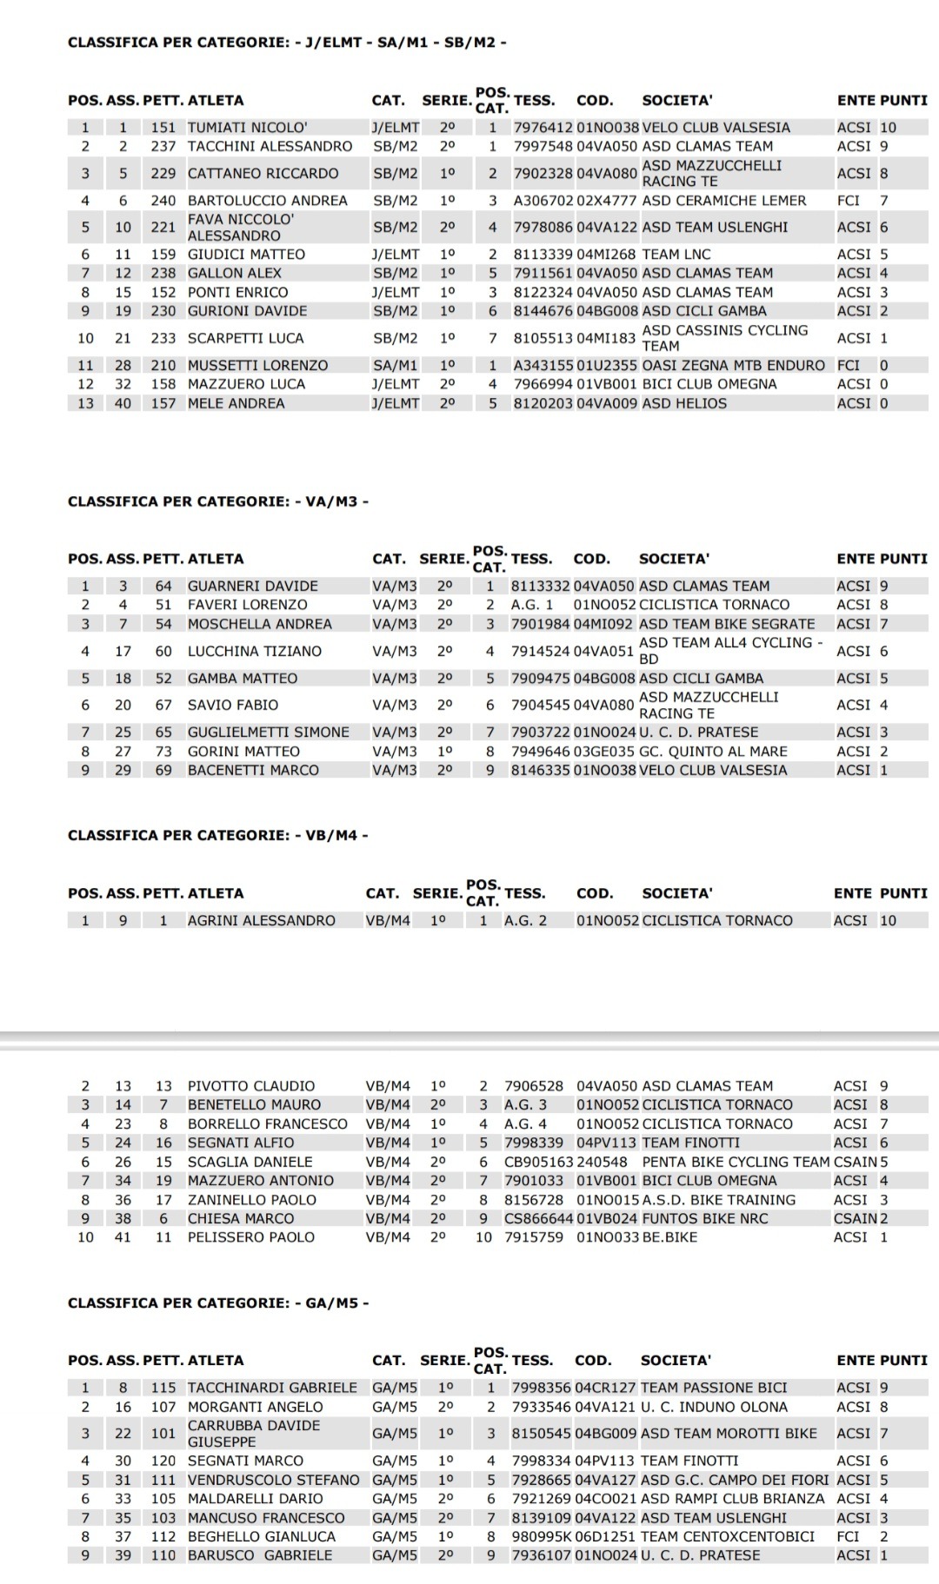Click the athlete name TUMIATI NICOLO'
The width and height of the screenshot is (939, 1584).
point(247,127)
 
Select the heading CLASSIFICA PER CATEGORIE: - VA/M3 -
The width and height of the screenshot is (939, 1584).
point(217,501)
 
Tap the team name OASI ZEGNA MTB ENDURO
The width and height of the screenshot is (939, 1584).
point(733,365)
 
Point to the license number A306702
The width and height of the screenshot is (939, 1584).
point(543,201)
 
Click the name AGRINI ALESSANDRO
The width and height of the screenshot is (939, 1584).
point(261,920)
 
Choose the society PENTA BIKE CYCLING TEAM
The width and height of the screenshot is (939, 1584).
point(736,1162)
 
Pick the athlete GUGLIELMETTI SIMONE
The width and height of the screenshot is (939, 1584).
point(268,732)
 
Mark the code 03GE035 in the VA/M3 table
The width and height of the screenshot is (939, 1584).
point(604,751)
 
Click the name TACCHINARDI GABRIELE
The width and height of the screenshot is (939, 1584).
point(272,1388)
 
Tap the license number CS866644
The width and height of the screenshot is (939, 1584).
point(538,1218)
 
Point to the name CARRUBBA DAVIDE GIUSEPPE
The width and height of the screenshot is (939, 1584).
point(254,1434)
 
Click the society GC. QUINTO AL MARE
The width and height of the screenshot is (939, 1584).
point(713,751)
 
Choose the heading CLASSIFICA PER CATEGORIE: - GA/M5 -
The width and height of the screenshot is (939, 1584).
point(218,1302)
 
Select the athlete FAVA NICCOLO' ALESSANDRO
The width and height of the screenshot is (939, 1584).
point(241,228)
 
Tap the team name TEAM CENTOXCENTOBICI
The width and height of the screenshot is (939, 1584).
point(728,1536)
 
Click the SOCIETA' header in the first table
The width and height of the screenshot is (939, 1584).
point(677,101)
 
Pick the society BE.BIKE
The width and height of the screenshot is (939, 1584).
point(669,1237)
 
